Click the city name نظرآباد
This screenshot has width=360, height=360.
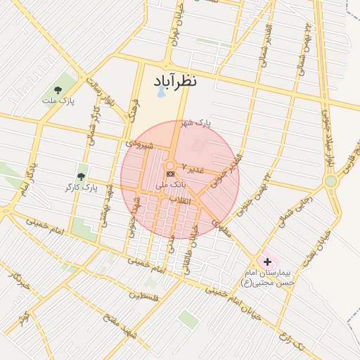click(173, 80)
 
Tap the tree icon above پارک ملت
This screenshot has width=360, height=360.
click(58, 90)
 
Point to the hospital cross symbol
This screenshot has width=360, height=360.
click(267, 262)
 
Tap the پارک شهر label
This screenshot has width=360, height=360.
click(195, 124)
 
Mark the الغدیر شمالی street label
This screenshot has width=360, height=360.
click(263, 42)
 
